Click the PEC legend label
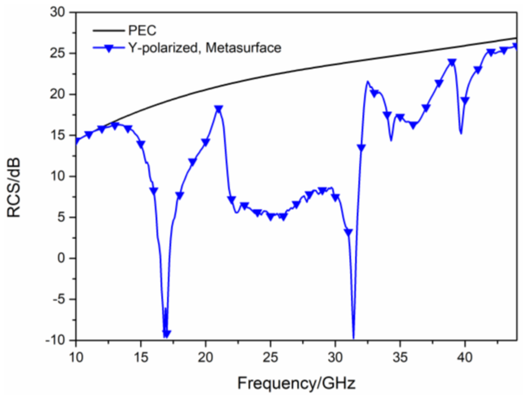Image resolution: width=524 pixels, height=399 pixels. (142, 30)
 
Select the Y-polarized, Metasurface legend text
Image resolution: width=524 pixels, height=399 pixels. (205, 48)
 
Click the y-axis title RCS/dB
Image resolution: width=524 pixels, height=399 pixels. (14, 187)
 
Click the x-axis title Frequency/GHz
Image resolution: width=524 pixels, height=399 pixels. (296, 383)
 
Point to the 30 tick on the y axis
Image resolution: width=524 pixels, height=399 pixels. (58, 12)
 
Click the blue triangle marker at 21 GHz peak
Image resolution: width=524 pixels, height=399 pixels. (218, 109)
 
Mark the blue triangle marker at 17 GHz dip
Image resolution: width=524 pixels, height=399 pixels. (167, 333)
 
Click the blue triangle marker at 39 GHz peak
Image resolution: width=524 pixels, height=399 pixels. (452, 62)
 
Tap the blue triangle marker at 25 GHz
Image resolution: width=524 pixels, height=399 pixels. (270, 217)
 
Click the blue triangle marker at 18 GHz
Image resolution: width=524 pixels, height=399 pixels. (179, 195)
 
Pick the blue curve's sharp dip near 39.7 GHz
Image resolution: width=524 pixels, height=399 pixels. (461, 133)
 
